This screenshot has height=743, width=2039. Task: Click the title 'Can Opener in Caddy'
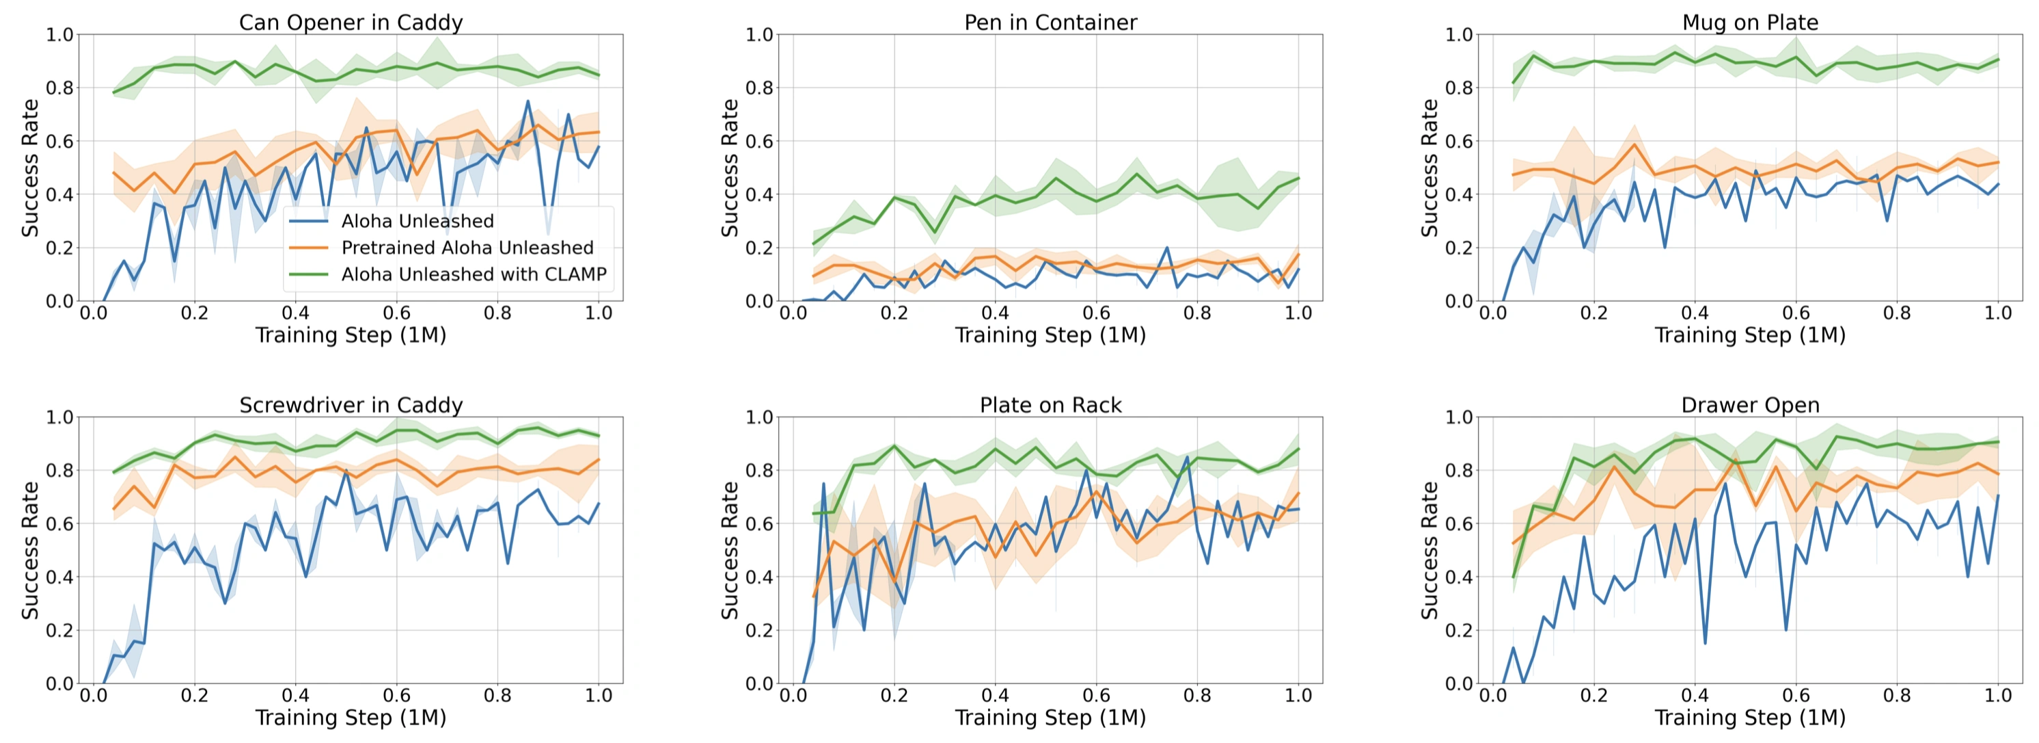(x=351, y=22)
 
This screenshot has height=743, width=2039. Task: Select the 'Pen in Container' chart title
(x=1050, y=22)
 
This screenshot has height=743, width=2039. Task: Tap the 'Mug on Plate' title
(x=1750, y=22)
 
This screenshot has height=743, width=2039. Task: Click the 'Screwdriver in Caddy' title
(x=351, y=405)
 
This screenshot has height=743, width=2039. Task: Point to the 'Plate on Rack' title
(x=1050, y=405)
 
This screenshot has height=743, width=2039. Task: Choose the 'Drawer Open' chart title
(x=1750, y=405)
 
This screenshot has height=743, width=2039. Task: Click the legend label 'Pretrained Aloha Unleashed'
(x=467, y=248)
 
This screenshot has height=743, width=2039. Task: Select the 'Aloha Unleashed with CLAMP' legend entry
(x=474, y=274)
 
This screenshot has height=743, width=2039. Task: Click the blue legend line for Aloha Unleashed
(x=309, y=221)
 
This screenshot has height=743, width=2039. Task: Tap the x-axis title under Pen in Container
(x=1050, y=335)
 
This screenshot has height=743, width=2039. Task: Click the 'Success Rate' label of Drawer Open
(x=1429, y=550)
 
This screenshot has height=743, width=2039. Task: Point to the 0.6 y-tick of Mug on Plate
(x=1459, y=141)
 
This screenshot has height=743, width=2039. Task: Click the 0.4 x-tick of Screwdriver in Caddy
(x=295, y=696)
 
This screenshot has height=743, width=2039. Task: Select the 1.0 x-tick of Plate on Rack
(x=1298, y=696)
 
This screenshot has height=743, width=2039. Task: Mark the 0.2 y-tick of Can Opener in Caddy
(x=59, y=248)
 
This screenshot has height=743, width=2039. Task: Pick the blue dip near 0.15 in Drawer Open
(x=1704, y=642)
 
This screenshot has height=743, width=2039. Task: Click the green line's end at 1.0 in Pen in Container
(x=1298, y=179)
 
